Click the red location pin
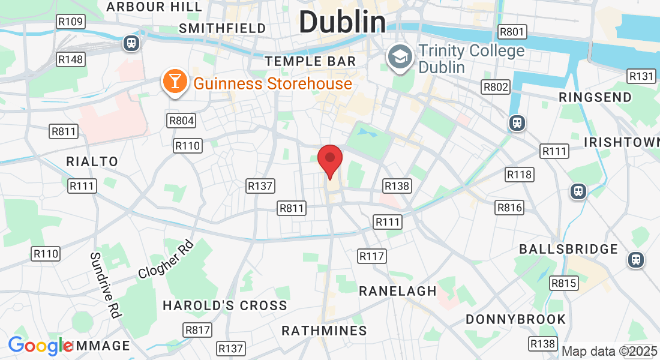pos(329,160)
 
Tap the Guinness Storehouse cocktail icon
pos(174,82)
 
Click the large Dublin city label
pos(342,23)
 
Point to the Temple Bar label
pos(310,61)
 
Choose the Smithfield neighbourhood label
pos(222,28)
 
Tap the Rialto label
pos(92,161)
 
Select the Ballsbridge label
pos(568,249)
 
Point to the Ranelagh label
pos(397,291)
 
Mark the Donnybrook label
pos(515,319)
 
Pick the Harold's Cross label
pos(225,305)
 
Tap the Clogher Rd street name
pos(166,259)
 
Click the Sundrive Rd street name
pos(106,284)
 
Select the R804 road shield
pos(182,121)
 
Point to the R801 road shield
pos(512,32)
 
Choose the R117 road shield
pos(371,256)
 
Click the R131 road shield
pos(641,76)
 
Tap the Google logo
pos(40,346)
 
